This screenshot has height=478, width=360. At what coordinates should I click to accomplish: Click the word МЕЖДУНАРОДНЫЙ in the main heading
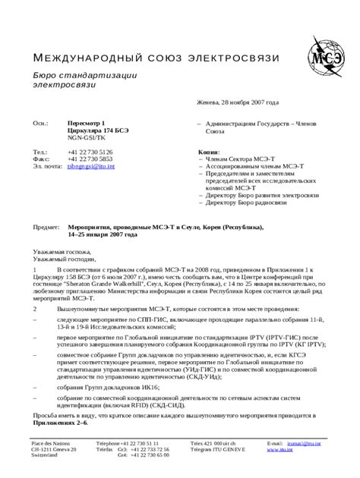click(82, 58)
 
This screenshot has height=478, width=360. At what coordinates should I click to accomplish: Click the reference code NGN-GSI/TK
click(87, 138)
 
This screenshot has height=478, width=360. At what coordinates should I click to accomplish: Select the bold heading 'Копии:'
click(208, 151)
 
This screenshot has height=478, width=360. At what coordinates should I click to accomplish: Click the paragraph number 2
click(33, 310)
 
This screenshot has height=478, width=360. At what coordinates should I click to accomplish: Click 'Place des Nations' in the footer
click(50, 442)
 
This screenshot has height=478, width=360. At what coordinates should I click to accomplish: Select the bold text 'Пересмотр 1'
click(86, 123)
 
